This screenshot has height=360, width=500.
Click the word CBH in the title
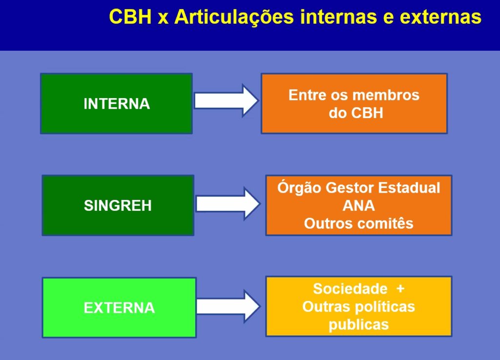130,17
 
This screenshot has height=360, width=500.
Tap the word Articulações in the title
234,18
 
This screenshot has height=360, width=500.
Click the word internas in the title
338,17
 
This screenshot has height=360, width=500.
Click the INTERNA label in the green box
117,104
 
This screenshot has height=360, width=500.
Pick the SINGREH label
118,205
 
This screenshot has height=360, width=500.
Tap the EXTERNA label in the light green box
119,308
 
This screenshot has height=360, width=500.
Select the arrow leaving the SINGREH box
228,204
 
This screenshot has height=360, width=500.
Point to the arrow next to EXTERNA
229,306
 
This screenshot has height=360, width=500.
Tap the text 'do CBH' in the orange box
356,113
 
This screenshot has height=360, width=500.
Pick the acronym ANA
359,205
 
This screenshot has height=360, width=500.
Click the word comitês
386,223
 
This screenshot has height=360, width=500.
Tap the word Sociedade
350,289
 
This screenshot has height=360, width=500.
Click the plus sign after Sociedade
400,289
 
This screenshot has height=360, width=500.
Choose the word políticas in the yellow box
385,307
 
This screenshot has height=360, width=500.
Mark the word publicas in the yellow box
359,325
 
